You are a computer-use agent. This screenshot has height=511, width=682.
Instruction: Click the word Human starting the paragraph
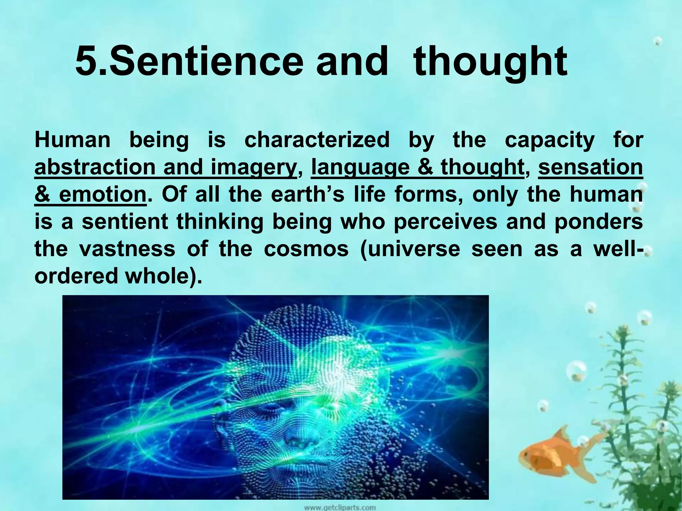72,140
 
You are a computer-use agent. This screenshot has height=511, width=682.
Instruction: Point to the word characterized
317,140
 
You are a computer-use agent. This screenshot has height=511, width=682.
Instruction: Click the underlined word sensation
590,167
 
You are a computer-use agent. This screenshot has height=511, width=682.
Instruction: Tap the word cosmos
306,249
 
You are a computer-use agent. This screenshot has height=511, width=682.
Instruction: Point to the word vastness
127,249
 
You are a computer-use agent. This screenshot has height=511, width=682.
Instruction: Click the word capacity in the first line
549,140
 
